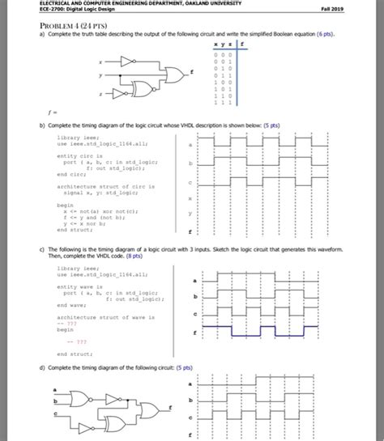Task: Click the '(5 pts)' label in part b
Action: tap(269, 126)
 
